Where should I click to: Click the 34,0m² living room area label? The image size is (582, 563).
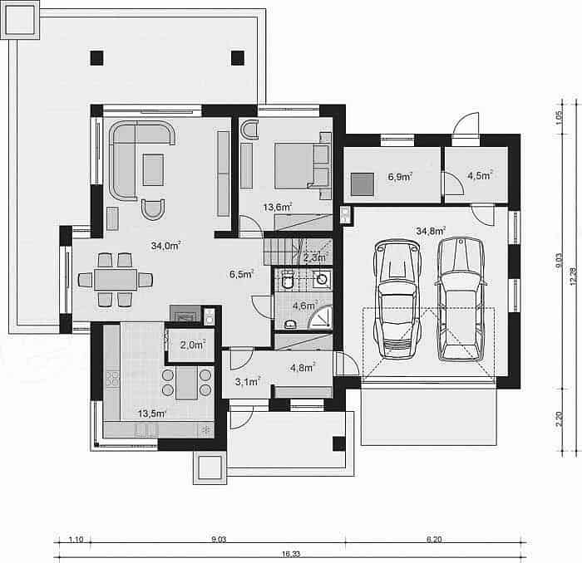(166, 245)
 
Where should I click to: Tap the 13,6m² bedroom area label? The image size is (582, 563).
(278, 208)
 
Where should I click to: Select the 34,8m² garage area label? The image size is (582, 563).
(431, 232)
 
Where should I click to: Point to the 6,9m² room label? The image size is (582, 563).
(400, 177)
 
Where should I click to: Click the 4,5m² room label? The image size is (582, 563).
(480, 175)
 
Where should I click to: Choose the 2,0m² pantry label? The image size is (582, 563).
(193, 345)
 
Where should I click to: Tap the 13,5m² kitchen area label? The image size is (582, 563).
(152, 414)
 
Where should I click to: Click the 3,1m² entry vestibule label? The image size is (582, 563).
(248, 381)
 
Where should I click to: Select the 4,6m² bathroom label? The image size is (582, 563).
(305, 306)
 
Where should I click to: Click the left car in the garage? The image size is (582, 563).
(397, 299)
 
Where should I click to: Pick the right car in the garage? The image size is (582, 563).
(461, 300)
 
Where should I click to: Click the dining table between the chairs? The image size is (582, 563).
(116, 280)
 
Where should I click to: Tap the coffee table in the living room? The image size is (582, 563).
(153, 169)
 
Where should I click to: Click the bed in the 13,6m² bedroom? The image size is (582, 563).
(303, 166)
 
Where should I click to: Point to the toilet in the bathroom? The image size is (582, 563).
(288, 280)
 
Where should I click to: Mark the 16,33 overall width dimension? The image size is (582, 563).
(291, 554)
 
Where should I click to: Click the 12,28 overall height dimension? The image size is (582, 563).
(574, 277)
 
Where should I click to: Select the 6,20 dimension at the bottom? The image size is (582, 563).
(434, 539)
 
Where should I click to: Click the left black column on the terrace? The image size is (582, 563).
(97, 58)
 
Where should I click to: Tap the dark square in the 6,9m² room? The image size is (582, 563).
(363, 184)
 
